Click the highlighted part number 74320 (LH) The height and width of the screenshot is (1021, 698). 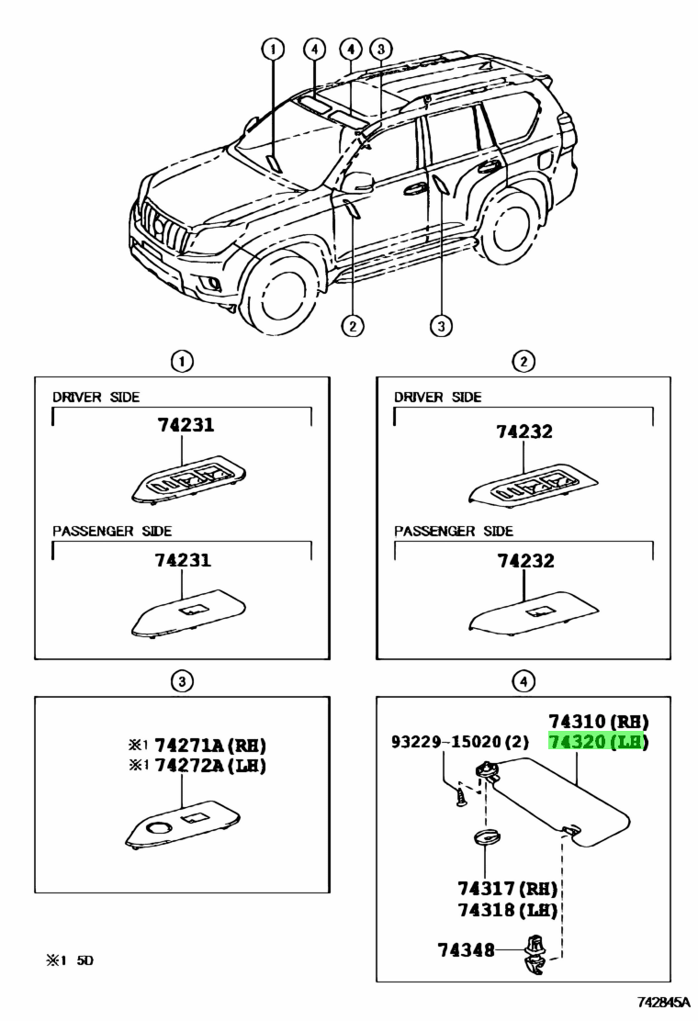[x=598, y=742]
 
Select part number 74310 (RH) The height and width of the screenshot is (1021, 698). [x=598, y=721]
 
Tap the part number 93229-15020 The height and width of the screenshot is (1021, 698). [x=460, y=741]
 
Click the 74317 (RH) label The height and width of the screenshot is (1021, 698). [x=507, y=888]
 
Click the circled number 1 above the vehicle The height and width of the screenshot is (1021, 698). [x=272, y=49]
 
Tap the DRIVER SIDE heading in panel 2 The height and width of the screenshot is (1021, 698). [x=437, y=397]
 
